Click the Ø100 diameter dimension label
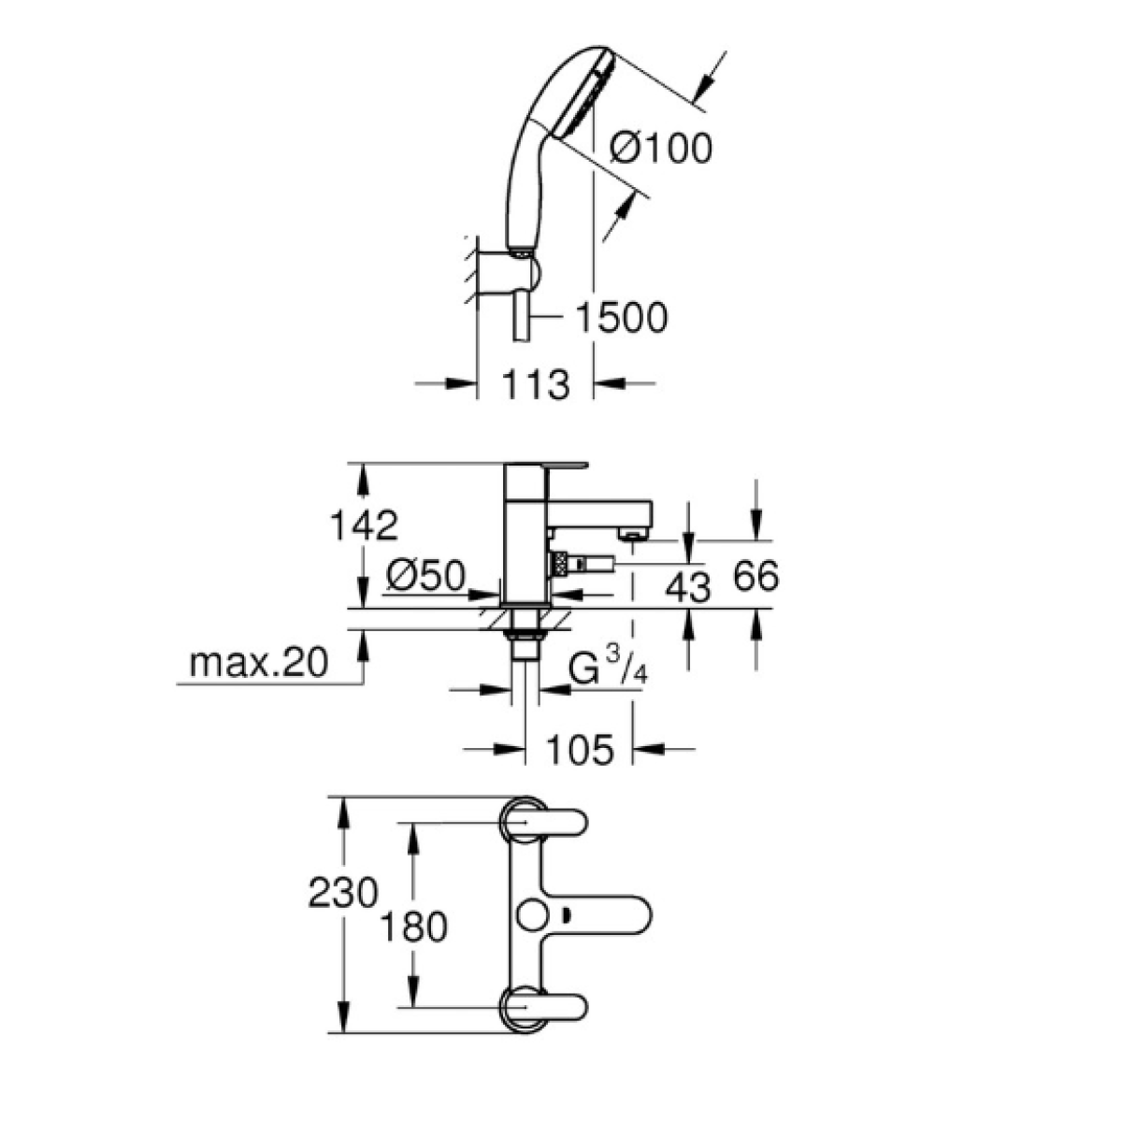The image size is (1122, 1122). coord(660,148)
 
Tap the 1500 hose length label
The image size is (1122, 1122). coord(620,318)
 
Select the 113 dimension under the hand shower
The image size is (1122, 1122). coord(535,383)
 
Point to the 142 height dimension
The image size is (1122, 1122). coord(363,525)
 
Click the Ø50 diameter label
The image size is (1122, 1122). coord(424,578)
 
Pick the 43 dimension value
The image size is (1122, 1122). coord(687,587)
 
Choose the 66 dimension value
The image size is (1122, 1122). coord(755,576)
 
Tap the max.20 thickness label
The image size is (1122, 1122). coord(259,663)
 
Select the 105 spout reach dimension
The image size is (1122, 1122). coord(580,749)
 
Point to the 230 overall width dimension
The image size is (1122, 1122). coord(342,892)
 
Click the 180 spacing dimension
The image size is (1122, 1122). coord(414,928)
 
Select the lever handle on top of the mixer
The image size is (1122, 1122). coord(546,465)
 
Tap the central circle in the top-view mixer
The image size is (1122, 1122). coord(537,913)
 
